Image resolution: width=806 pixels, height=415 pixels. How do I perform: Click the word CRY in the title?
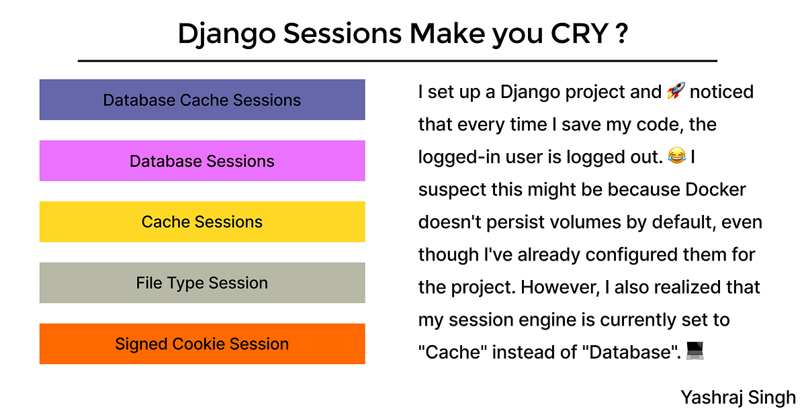coord(579,34)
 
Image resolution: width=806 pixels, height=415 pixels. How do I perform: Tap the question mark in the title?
coord(622,34)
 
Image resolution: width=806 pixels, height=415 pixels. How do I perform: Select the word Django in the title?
coord(227,35)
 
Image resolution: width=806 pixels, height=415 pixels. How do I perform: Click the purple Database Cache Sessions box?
coord(202,99)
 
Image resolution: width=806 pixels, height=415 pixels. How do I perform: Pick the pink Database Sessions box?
coord(202,160)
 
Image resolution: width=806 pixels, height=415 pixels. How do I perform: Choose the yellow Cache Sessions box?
coord(202,222)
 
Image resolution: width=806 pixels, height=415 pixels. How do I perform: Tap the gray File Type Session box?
coord(202,283)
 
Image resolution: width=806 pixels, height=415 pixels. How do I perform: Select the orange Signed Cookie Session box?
coord(202,344)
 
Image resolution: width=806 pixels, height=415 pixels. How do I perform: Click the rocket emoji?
coord(676,90)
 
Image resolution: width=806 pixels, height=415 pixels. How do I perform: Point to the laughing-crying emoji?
coord(677,156)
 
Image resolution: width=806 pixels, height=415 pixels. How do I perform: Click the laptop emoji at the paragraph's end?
coord(695,351)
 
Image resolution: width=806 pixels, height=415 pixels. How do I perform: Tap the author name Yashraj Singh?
coord(738,398)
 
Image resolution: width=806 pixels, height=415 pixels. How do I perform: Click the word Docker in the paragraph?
coord(715,189)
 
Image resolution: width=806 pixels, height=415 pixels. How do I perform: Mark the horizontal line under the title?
coord(398,61)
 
